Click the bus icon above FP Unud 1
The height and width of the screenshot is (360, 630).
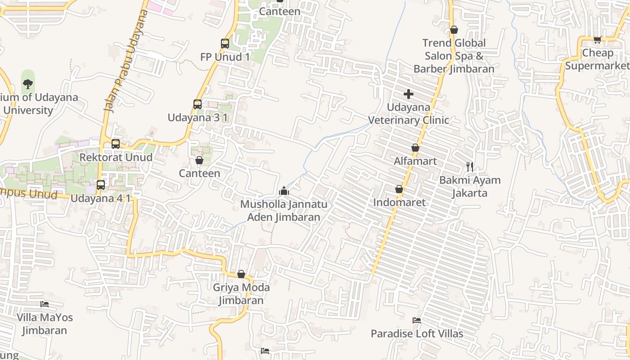[225, 44]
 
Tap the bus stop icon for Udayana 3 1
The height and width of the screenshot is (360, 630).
[198, 104]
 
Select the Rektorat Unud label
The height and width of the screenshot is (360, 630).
[116, 157]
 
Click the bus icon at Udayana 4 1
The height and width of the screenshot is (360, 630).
[101, 185]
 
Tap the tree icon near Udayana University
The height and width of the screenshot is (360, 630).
[28, 84]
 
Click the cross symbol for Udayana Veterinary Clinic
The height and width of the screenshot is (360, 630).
[409, 94]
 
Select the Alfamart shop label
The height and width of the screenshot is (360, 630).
[415, 161]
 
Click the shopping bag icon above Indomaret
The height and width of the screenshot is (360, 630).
[399, 189]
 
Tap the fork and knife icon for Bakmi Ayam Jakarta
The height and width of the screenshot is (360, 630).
[470, 167]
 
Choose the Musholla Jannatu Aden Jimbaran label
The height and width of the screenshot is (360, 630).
[283, 211]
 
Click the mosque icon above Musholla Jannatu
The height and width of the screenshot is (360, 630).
[283, 191]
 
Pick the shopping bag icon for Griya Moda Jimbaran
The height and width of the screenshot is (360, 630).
[241, 274]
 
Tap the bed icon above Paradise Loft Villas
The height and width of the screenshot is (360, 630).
[417, 320]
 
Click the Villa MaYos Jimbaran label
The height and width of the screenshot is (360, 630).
[45, 324]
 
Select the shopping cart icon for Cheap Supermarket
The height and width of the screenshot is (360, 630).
[597, 40]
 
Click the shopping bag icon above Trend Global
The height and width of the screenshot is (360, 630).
[454, 30]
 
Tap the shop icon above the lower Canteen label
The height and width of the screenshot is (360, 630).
[199, 160]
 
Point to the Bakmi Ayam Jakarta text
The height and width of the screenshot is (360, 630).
[470, 187]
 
